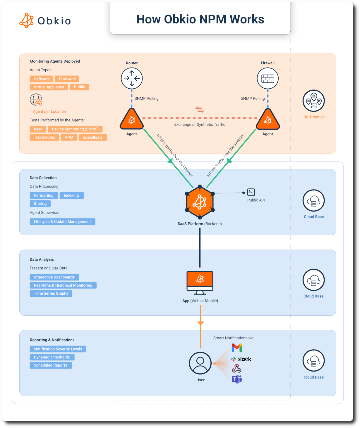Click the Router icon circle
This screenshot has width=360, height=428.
coord(132,78)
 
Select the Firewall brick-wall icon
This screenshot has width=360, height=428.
coord(268,78)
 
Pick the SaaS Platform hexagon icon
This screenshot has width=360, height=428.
coord(200,202)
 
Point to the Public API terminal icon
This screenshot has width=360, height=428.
coord(251,192)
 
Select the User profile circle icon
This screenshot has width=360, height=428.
coord(200,363)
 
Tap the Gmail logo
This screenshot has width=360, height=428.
coord(237,348)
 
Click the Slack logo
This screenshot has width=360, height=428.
coord(241,359)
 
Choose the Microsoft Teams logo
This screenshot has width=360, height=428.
coord(237,379)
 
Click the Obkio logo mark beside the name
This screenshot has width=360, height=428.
coord(27,20)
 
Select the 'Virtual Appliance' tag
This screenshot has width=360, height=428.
coord(49,87)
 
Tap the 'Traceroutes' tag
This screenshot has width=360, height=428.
coord(44,137)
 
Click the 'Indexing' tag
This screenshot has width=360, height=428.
coord(71,195)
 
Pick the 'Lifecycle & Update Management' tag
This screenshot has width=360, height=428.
coord(62,222)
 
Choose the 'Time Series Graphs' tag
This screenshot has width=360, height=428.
coord(51,293)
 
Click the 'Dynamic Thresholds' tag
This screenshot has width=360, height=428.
coord(52,357)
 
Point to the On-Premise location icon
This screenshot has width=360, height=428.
coord(314,101)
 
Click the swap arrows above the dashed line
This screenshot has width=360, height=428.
coord(200,110)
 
